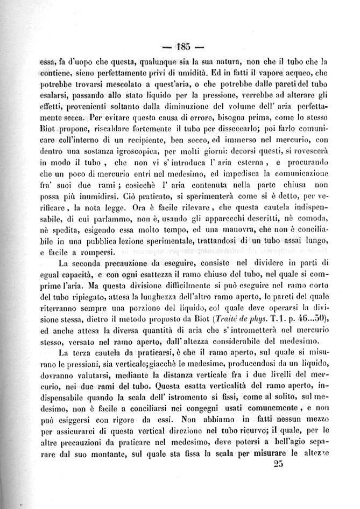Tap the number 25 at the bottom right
(278, 466)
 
